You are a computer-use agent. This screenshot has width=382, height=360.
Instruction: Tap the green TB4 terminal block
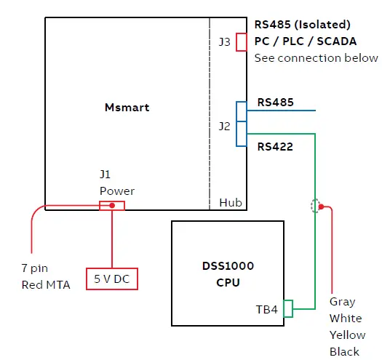(x=287, y=309)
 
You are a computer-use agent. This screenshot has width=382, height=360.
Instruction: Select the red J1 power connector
(x=111, y=206)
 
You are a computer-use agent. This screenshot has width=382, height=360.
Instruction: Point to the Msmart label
(x=127, y=107)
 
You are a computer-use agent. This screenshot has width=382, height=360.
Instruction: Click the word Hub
(x=231, y=203)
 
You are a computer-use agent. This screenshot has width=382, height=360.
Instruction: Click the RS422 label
(x=275, y=147)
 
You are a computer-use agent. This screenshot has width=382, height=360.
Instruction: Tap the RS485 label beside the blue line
(x=276, y=103)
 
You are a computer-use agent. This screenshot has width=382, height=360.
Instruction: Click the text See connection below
(x=316, y=58)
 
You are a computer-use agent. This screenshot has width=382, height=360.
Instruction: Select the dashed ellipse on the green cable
(x=315, y=206)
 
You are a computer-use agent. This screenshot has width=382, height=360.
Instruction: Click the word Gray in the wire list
(x=343, y=301)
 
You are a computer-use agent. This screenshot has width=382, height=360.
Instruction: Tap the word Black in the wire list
(x=344, y=352)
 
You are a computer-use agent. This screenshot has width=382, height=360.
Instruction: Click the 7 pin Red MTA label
(x=46, y=276)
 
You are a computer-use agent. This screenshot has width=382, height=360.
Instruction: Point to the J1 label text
(x=106, y=175)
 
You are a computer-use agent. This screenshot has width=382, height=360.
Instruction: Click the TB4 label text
(x=266, y=309)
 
